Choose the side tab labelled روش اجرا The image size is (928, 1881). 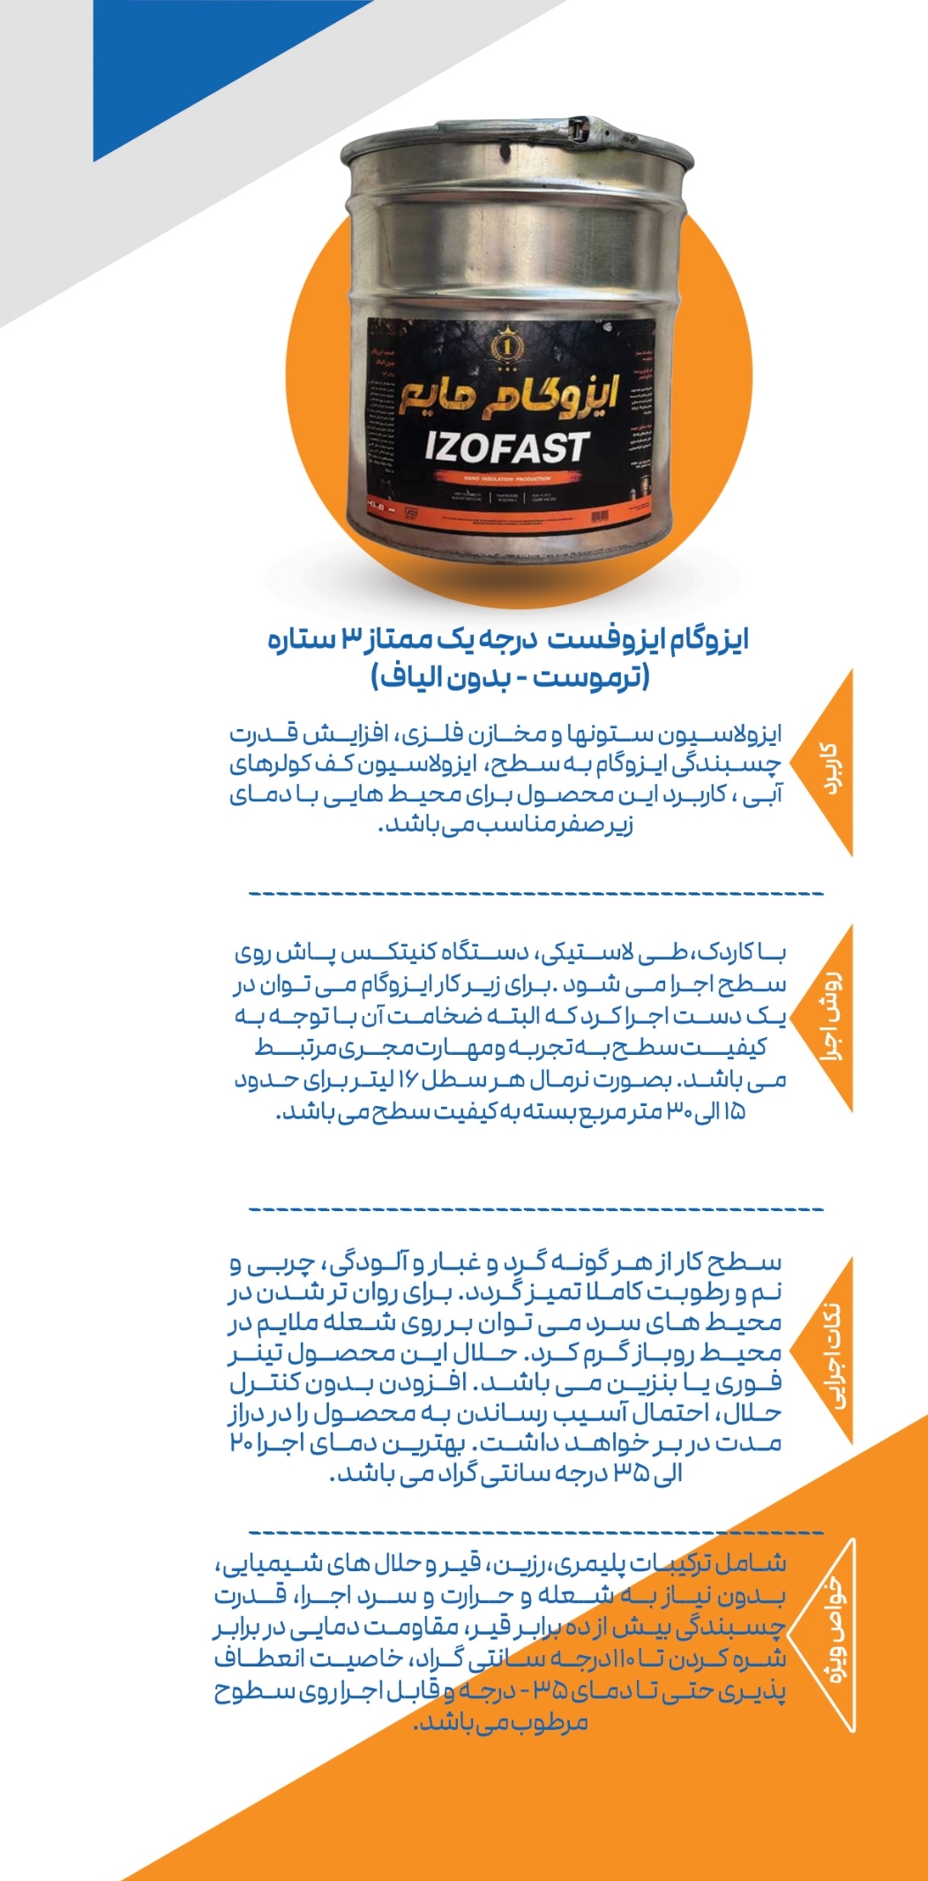click(831, 1018)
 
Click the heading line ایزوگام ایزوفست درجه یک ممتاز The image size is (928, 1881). click(508, 639)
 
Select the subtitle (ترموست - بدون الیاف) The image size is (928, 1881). click(511, 678)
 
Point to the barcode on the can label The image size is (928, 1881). click(600, 515)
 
